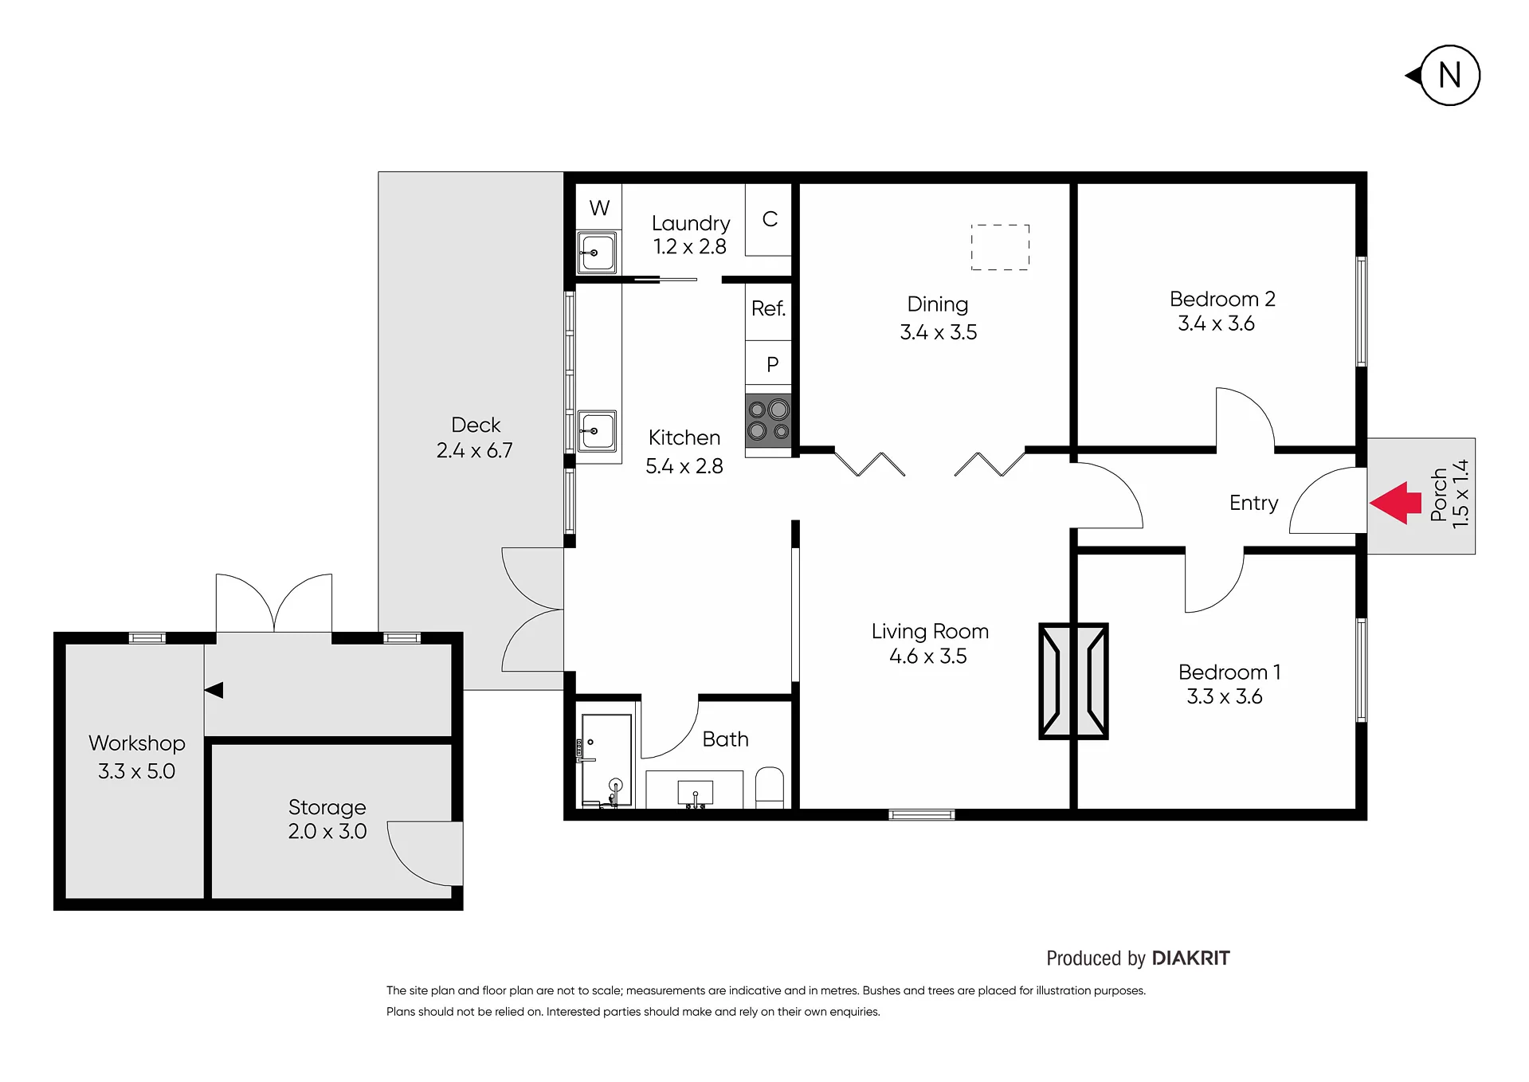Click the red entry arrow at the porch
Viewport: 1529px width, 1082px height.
click(1395, 503)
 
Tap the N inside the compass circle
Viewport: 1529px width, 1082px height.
click(1450, 76)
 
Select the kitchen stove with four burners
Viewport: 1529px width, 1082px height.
click(768, 420)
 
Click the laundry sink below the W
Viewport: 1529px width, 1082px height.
click(597, 253)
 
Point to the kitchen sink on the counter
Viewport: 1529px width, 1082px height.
click(597, 431)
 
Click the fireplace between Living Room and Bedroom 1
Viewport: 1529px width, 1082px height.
click(1073, 681)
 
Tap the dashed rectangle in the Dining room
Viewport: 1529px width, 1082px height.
click(1000, 247)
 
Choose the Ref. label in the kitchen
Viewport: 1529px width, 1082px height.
click(768, 308)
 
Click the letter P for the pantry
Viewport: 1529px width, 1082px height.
click(772, 364)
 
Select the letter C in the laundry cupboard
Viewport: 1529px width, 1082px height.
click(770, 219)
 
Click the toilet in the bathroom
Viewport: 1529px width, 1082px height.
click(769, 787)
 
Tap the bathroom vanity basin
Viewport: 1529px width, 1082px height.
click(695, 794)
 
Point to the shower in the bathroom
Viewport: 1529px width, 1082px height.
click(606, 760)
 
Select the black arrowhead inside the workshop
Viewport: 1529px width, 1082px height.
click(214, 690)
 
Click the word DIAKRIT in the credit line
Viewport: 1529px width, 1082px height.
click(1190, 958)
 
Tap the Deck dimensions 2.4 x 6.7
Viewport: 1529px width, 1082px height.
click(474, 450)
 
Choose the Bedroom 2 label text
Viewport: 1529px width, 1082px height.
click(1222, 299)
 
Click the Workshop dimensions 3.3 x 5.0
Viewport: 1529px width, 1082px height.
click(136, 770)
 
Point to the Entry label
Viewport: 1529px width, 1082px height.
click(1253, 503)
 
